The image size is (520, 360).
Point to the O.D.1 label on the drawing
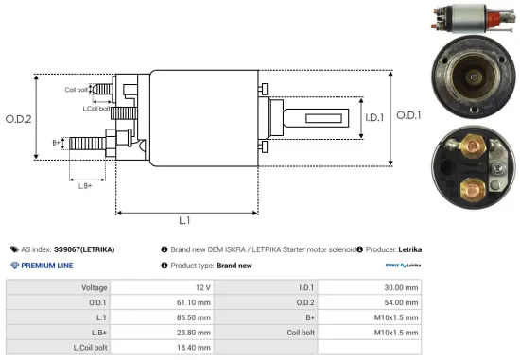407,114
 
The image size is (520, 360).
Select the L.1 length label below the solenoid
184,220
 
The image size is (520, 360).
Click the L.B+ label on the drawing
85,185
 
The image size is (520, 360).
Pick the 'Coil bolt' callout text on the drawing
78,90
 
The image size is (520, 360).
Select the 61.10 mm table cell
202,302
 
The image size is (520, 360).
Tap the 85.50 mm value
202,317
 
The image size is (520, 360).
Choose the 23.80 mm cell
202,333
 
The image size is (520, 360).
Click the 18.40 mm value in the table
202,348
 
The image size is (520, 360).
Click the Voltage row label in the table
95,286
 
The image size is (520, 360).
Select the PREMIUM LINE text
47,266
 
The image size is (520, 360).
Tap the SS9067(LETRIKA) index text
84,249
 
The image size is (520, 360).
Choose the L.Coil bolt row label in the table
88,348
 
